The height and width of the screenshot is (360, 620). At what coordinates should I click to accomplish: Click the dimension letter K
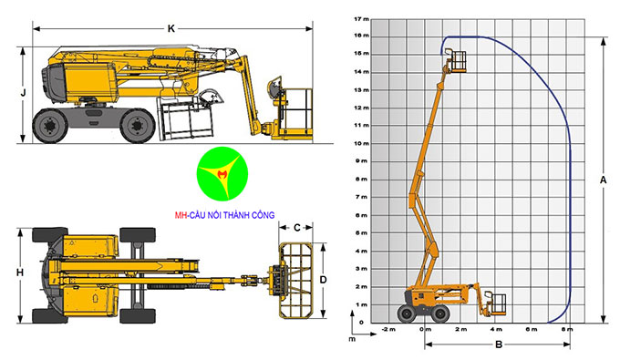(x=170, y=28)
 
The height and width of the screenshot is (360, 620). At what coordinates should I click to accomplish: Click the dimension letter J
(x=22, y=92)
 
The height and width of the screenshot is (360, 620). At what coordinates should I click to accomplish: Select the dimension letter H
(x=18, y=272)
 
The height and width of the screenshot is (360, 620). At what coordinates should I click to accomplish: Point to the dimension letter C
(x=297, y=227)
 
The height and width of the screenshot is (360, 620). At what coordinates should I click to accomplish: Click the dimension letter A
(x=603, y=180)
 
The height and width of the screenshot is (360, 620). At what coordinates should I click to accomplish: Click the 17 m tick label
(x=362, y=18)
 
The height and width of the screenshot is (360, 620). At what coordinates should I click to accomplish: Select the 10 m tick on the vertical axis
(x=362, y=143)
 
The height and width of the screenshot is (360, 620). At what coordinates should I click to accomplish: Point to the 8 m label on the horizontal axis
(x=567, y=329)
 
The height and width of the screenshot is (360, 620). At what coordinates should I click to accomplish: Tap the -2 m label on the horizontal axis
(x=388, y=329)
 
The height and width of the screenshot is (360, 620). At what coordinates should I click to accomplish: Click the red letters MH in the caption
(x=180, y=217)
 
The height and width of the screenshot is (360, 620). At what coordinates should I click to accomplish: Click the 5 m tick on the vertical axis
(x=362, y=232)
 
